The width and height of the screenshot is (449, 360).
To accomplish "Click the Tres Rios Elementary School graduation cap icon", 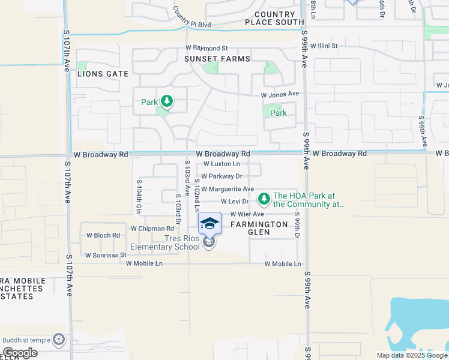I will (x=209, y=224).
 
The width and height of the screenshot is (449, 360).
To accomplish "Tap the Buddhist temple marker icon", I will (x=59, y=340).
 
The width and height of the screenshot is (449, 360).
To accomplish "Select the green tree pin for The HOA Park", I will (x=264, y=198).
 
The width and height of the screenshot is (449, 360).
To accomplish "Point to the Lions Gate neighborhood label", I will (x=103, y=73).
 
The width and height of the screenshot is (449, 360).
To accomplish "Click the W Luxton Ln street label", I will (x=221, y=164).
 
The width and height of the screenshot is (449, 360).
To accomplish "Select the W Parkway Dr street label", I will (x=221, y=176).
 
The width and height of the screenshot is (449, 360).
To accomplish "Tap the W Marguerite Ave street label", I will (x=228, y=189).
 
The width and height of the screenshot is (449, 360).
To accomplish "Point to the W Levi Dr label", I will (x=235, y=202).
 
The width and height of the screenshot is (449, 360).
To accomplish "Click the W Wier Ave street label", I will (x=247, y=214).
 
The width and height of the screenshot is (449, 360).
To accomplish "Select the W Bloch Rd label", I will (x=103, y=235).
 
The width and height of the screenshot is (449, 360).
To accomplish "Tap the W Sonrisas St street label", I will (x=106, y=255).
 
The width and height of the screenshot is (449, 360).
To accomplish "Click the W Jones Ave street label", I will (x=280, y=94).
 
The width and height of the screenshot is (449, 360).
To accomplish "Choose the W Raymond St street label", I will (x=207, y=48).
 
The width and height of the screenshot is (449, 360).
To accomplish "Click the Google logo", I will (x=20, y=353).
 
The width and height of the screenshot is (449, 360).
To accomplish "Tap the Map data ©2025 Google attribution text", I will (x=411, y=355).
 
